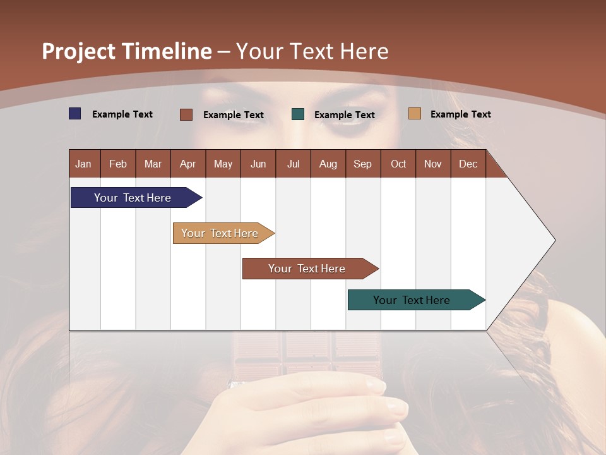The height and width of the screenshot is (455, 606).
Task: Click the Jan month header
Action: pos(83,164)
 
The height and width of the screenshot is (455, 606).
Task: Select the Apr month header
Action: pos(188,164)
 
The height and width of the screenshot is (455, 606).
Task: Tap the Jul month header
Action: pos(293,164)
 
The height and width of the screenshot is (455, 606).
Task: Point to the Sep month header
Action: pos(362,164)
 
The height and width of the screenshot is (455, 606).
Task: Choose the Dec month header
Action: pos(468,164)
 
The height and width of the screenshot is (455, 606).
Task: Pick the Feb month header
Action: pos(118,164)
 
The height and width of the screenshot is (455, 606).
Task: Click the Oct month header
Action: pos(398,164)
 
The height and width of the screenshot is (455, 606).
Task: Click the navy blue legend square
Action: pos(74,114)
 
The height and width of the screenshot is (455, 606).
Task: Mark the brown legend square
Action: pos(186,114)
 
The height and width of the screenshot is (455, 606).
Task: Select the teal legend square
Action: pos(298,114)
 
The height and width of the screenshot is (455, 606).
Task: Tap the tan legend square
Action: pos(414,114)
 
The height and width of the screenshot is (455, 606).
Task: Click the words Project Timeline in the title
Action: pos(127,51)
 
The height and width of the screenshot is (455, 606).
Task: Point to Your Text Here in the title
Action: pos(312,51)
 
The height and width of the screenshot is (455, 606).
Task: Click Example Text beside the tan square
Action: pos(460,114)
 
